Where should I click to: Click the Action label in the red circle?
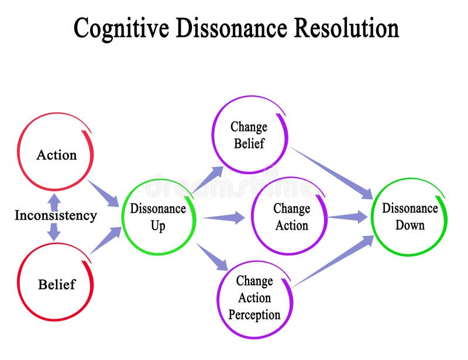click(x=56, y=155)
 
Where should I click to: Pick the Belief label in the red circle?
click(x=57, y=285)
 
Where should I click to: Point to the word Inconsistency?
click(x=56, y=216)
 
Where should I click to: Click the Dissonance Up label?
click(x=158, y=217)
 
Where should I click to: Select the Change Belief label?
click(x=249, y=135)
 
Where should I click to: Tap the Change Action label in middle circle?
click(x=291, y=217)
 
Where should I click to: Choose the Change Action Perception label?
click(x=254, y=297)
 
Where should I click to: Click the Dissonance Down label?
click(x=409, y=216)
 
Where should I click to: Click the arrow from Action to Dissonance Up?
click(x=104, y=193)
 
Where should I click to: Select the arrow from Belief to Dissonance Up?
click(x=105, y=240)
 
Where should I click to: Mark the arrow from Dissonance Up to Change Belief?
click(x=208, y=179)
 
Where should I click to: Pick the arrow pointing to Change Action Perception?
click(x=212, y=257)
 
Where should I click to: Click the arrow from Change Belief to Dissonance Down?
click(x=332, y=172)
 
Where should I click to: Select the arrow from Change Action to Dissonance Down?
click(x=347, y=217)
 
